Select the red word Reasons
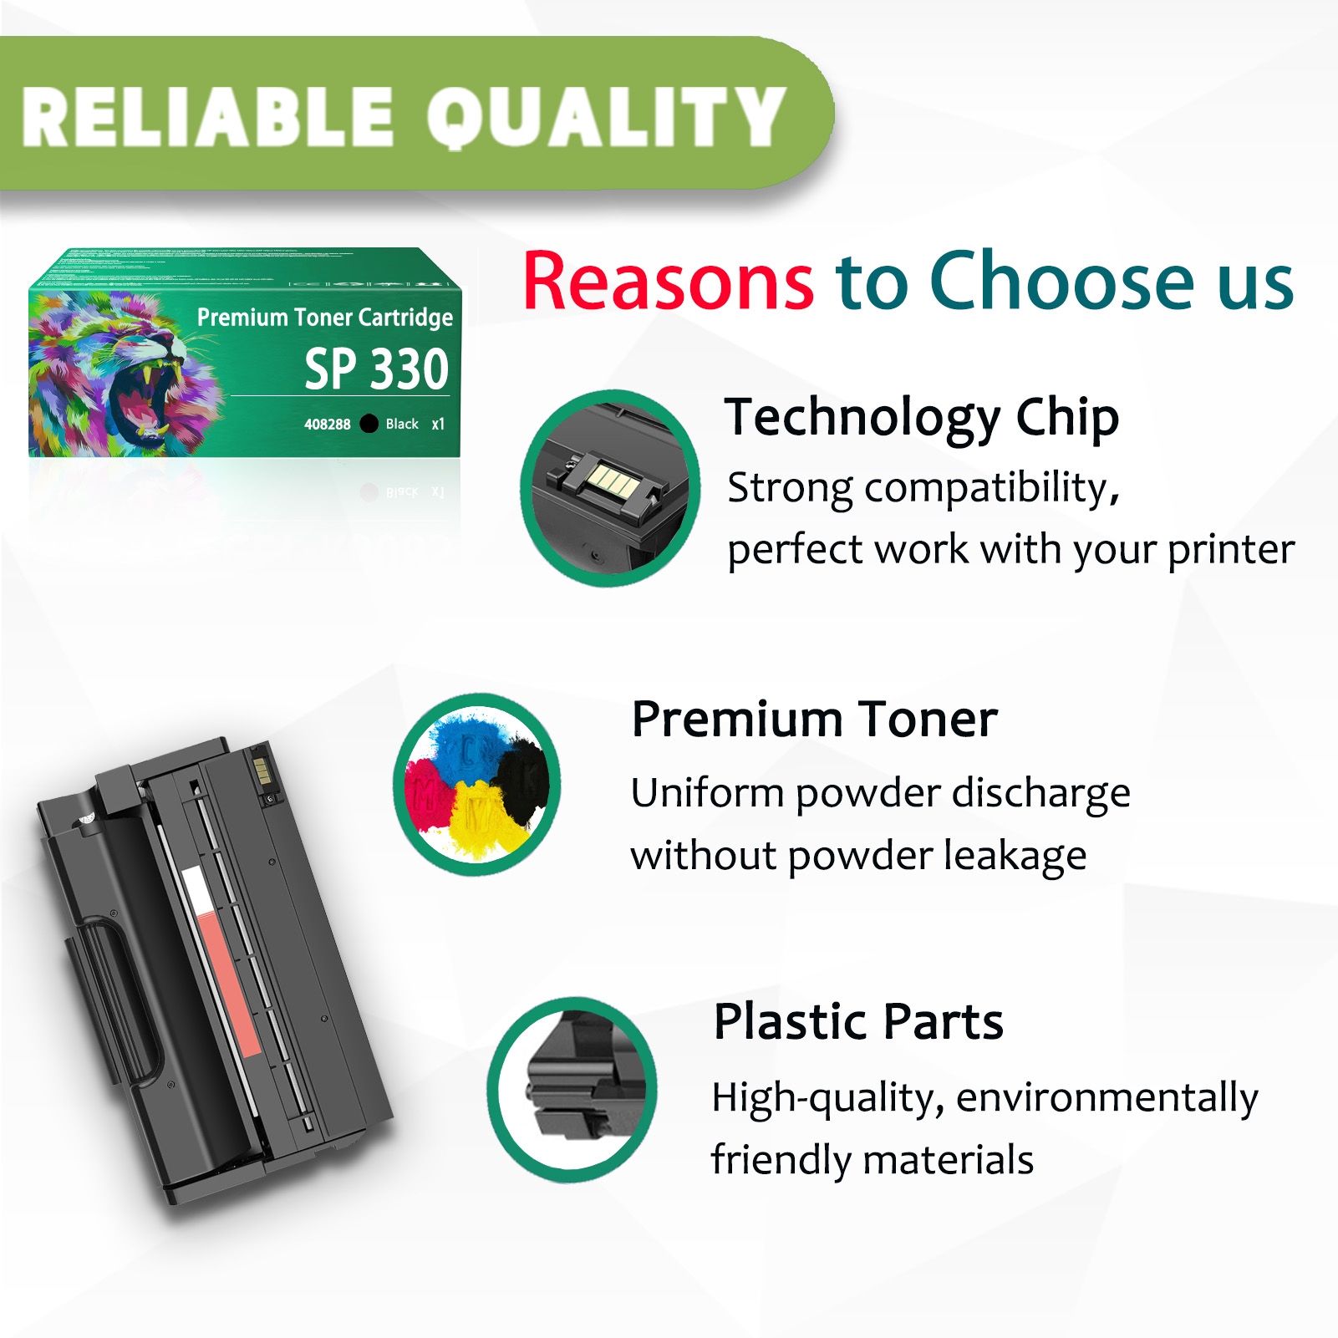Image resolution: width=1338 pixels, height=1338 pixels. pyautogui.click(x=668, y=282)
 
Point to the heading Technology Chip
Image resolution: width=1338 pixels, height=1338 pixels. pyautogui.click(x=921, y=417)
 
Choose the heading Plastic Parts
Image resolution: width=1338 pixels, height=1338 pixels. pyautogui.click(x=857, y=1021)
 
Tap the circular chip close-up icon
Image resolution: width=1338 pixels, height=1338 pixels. pyautogui.click(x=609, y=488)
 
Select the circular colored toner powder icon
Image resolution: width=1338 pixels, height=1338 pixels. pyautogui.click(x=477, y=784)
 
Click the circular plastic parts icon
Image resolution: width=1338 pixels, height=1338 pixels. pyautogui.click(x=572, y=1089)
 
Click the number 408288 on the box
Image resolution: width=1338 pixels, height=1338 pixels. pyautogui.click(x=327, y=425)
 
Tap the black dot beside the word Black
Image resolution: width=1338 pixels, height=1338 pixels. pyautogui.click(x=369, y=424)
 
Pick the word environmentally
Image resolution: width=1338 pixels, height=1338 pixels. pyautogui.click(x=1107, y=1097)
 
